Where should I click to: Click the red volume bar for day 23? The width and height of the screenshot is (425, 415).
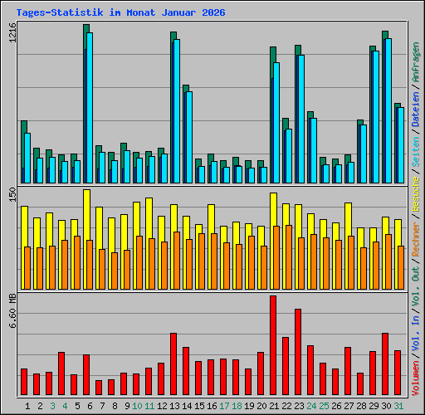[x=298, y=352]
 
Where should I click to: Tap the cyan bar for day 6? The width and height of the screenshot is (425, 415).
[x=90, y=108]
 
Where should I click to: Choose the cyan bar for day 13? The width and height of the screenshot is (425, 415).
[x=177, y=111]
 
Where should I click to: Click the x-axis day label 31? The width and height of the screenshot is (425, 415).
[x=399, y=406]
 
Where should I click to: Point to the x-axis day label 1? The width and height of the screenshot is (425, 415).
[x=28, y=406]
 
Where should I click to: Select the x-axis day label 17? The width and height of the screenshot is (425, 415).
[x=224, y=406]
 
